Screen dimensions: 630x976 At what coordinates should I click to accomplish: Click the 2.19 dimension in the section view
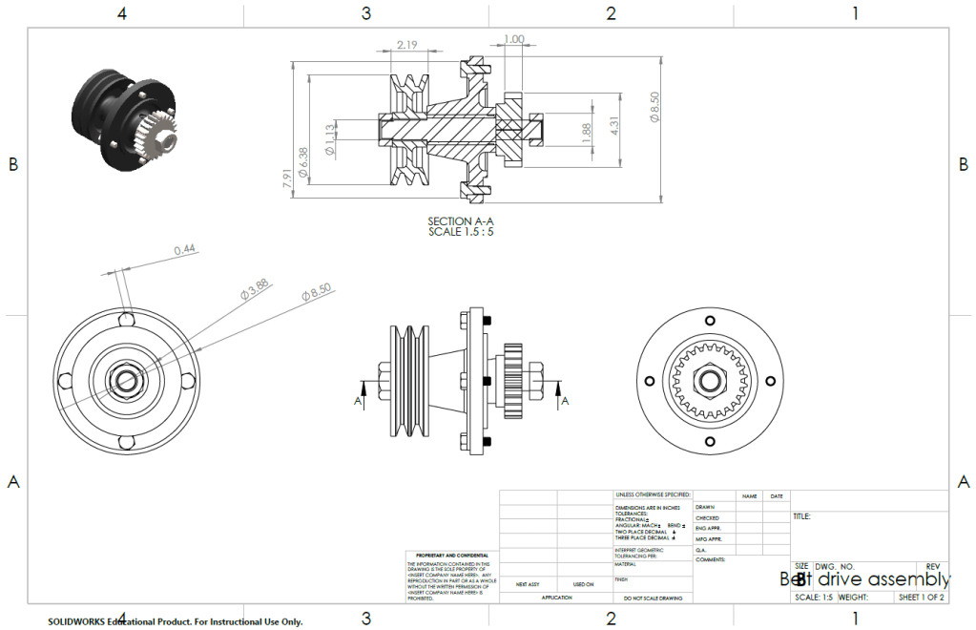point(408,45)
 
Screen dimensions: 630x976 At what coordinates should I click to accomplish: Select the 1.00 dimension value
point(513,39)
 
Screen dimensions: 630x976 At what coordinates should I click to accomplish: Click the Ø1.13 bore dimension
point(329,139)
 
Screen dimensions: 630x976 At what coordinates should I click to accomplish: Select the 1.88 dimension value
point(586,134)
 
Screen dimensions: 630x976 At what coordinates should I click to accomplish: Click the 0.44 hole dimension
point(185,250)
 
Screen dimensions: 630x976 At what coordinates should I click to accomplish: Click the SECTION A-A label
point(461,220)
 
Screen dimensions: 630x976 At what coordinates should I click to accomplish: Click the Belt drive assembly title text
point(864,578)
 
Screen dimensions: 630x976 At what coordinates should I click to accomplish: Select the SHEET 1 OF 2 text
point(921,598)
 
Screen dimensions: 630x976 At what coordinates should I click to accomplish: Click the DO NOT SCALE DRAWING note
point(653,598)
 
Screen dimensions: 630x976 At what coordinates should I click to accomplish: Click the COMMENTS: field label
point(711,560)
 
